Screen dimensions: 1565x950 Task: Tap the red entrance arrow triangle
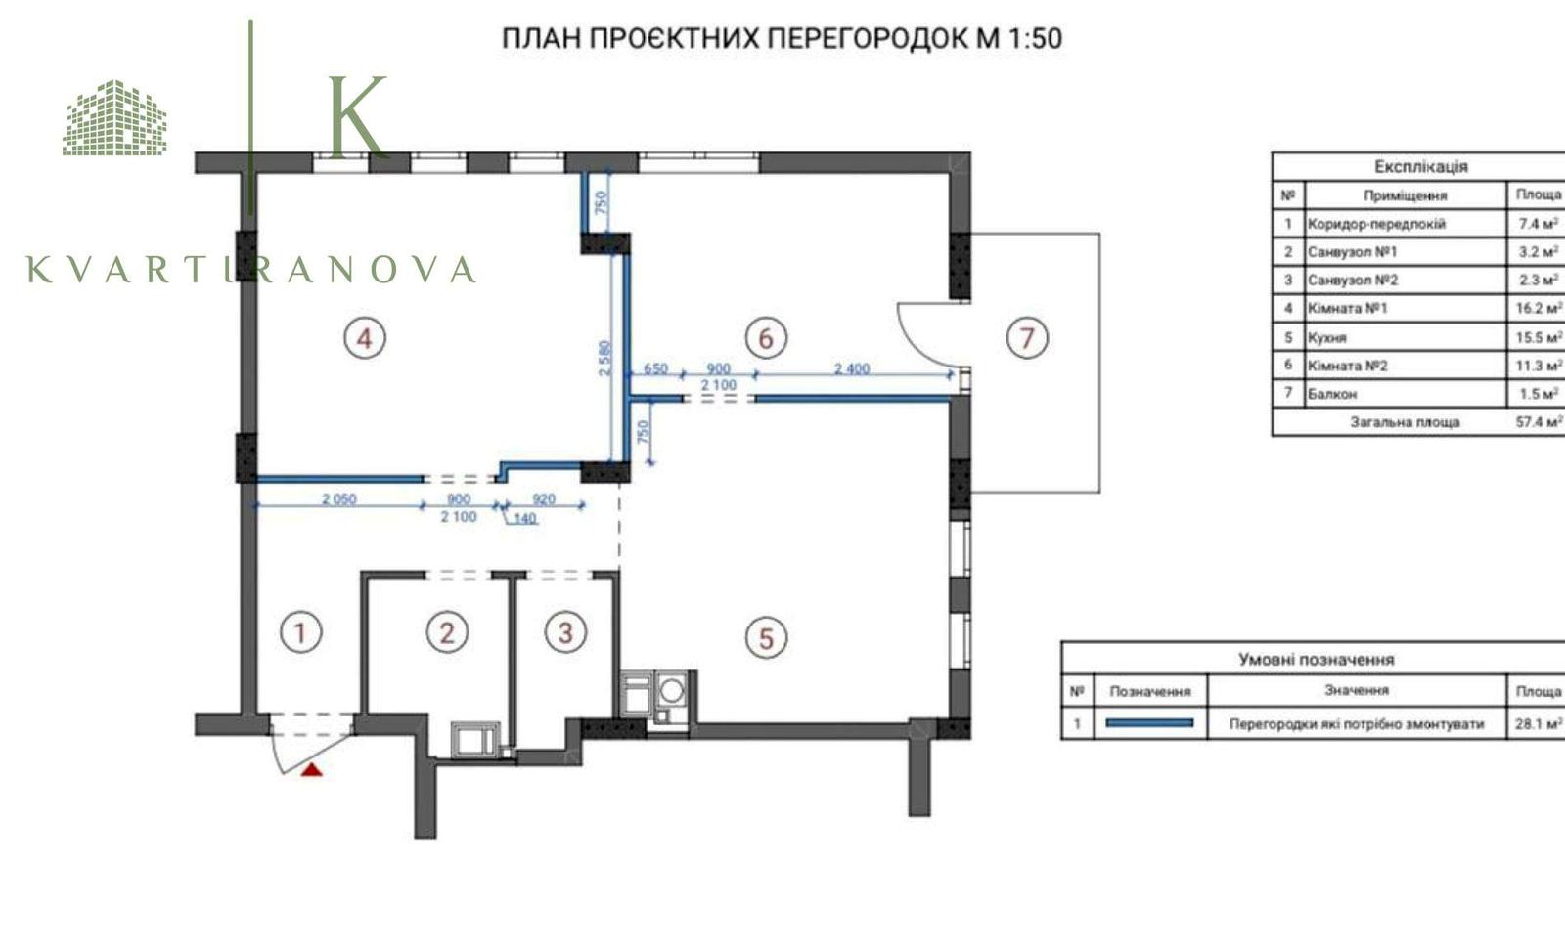tap(312, 770)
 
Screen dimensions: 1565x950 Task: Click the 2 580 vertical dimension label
tap(605, 358)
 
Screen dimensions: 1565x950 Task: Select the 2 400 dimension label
tap(852, 367)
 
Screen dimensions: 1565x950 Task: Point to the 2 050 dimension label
tap(338, 499)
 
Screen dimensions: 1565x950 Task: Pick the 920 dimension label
tap(544, 499)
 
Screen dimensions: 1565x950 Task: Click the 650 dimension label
tap(655, 367)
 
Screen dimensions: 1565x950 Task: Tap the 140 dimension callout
tap(524, 518)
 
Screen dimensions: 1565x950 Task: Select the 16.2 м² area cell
tap(1539, 308)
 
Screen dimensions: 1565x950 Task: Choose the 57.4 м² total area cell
tap(1539, 421)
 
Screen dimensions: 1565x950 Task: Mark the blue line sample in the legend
tap(1149, 723)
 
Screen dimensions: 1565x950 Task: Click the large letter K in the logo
tap(358, 116)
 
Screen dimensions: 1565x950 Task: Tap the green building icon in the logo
tap(115, 117)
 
